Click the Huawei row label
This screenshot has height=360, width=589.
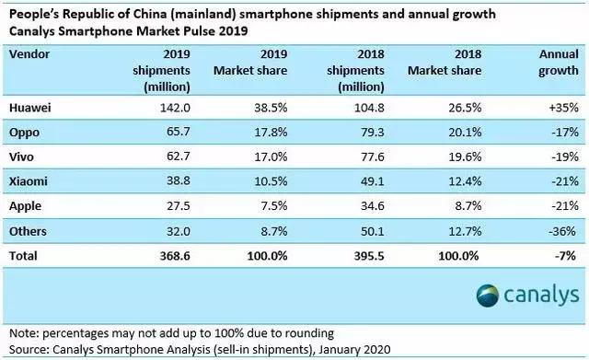point(29,108)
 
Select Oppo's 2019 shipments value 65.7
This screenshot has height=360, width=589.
point(178,133)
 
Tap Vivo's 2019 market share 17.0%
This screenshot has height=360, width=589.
point(271,157)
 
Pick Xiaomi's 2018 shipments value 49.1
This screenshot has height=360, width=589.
point(372,181)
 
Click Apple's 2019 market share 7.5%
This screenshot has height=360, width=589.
point(274,206)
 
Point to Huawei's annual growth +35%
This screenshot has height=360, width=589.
point(563,108)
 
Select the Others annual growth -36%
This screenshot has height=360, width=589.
point(562,231)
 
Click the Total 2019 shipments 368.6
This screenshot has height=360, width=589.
point(175,256)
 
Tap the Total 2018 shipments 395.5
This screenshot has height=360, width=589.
point(369,256)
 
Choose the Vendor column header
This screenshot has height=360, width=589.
point(29,54)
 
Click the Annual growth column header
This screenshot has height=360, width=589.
point(559,63)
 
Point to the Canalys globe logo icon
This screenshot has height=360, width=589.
point(488,296)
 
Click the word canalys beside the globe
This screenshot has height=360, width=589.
point(541,296)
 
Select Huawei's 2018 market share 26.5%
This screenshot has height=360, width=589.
point(465,108)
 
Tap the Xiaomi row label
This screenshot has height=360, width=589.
point(29,181)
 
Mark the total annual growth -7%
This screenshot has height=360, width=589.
point(565,256)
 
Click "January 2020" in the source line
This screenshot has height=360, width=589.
point(354,350)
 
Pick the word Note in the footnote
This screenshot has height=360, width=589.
point(23,333)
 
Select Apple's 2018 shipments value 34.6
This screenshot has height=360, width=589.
point(372,206)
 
